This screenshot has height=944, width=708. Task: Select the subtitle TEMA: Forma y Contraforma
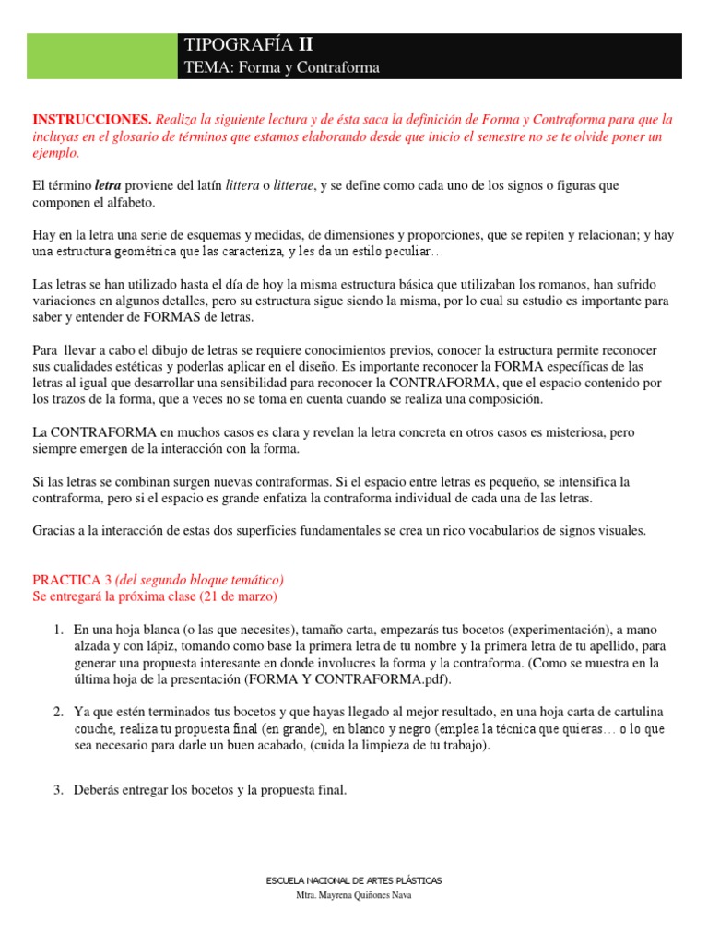tap(282, 68)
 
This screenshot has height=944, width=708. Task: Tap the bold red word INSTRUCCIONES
tap(91, 120)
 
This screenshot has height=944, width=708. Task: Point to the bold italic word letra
tap(110, 186)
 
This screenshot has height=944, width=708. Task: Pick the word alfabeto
tap(133, 202)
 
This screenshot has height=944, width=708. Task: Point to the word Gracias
tap(55, 530)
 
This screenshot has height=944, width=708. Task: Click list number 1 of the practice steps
tap(57, 630)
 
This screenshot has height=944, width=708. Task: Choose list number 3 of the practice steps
tap(57, 789)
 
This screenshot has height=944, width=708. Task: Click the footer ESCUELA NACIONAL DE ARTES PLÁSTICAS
tap(354, 880)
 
